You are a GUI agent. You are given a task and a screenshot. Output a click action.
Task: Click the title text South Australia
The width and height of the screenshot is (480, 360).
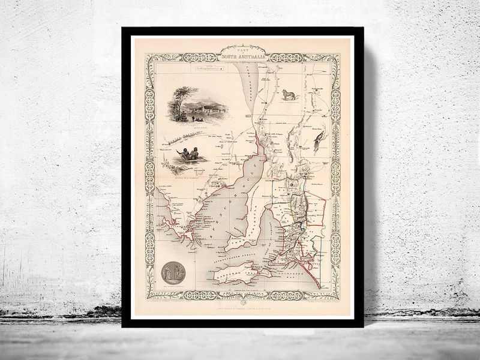242,58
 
